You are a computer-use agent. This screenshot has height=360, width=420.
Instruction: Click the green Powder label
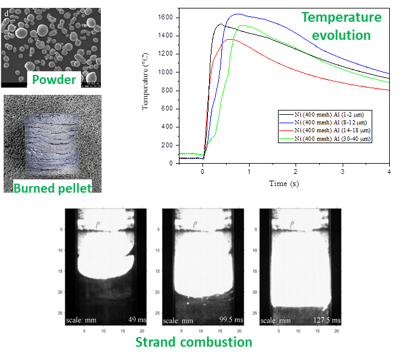coord(54,80)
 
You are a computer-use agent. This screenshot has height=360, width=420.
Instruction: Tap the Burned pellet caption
coord(53,188)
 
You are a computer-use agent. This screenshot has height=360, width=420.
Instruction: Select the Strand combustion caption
coord(193,342)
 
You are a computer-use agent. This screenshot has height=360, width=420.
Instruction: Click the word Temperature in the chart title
coord(341,18)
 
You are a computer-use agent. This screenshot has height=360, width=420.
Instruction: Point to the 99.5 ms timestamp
coord(231,320)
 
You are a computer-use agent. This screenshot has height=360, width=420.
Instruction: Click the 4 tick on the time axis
coord(389,172)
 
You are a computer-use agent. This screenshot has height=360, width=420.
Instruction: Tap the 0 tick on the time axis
coord(203,172)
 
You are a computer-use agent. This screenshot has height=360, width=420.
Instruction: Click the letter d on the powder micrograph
coord(5,7)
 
